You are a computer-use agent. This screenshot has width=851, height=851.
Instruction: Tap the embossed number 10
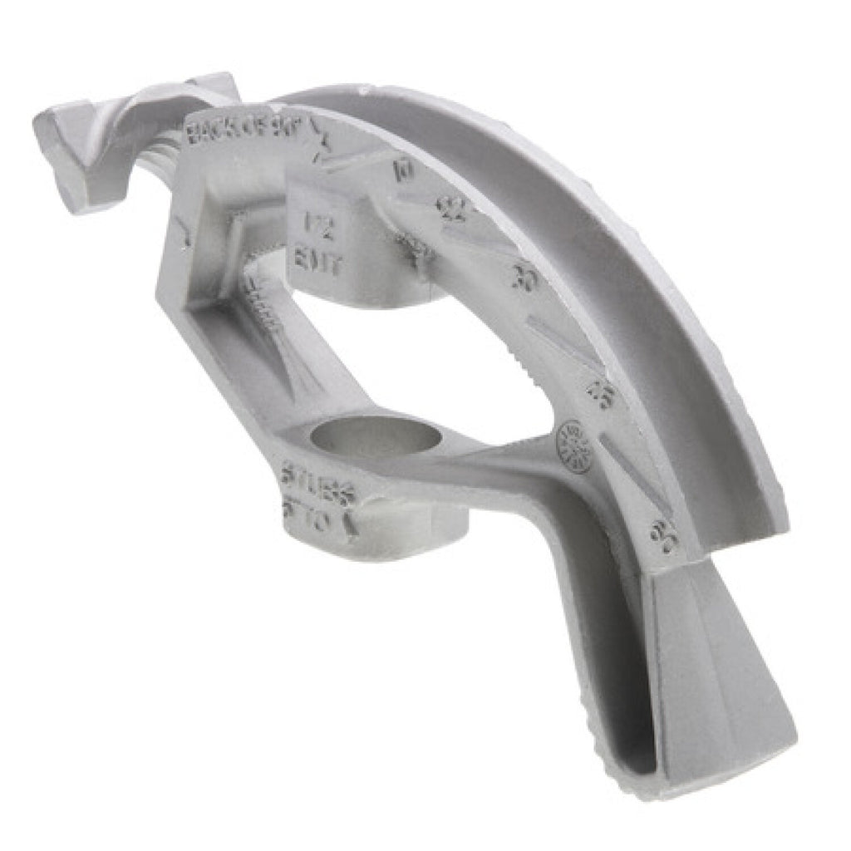coord(405,170)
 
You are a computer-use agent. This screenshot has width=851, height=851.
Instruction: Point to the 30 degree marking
coord(524,278)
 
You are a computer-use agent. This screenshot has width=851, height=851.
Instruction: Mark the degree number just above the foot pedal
coord(665,536)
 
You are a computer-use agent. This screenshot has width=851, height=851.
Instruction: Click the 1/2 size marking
coord(314,223)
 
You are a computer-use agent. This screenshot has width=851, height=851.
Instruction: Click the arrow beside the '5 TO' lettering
coord(351,524)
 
